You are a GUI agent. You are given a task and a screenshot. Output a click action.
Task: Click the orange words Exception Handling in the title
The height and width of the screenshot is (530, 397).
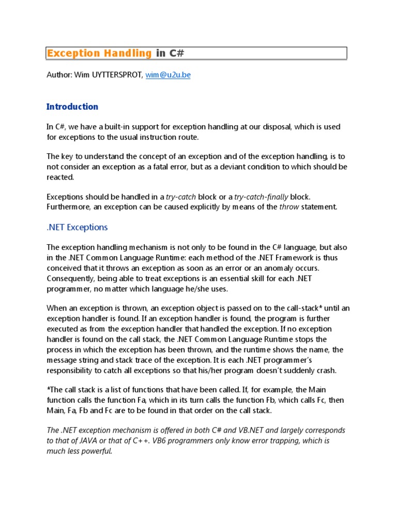click(99, 53)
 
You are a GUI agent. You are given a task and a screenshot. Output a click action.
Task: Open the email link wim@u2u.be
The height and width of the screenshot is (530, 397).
click(168, 75)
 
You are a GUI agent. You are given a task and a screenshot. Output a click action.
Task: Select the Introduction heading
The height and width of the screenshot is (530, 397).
click(72, 107)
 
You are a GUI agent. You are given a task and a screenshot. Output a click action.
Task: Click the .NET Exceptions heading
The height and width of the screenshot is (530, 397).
click(77, 227)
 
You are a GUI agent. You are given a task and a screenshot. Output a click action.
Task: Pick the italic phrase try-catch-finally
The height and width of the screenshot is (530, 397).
click(261, 197)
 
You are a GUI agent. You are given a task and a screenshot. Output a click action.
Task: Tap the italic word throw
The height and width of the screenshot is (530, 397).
click(289, 207)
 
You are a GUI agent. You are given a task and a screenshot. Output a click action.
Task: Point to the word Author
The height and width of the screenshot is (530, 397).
click(58, 75)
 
